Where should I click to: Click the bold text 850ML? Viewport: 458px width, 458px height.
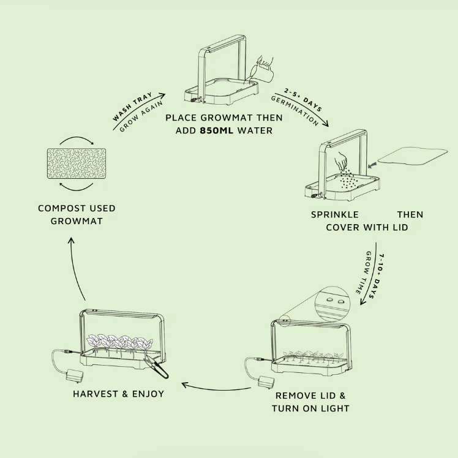[x=219, y=130]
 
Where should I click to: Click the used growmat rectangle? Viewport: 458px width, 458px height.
[x=77, y=163]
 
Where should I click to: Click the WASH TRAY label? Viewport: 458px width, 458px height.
[x=132, y=108]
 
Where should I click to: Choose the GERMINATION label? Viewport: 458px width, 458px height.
[x=294, y=111]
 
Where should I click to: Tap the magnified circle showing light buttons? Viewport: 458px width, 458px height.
[x=334, y=301]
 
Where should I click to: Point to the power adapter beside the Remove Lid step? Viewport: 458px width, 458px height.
[x=265, y=381]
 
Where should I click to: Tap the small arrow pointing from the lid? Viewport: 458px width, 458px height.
[x=370, y=165]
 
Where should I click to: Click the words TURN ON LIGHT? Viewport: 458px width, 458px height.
[x=310, y=408]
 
